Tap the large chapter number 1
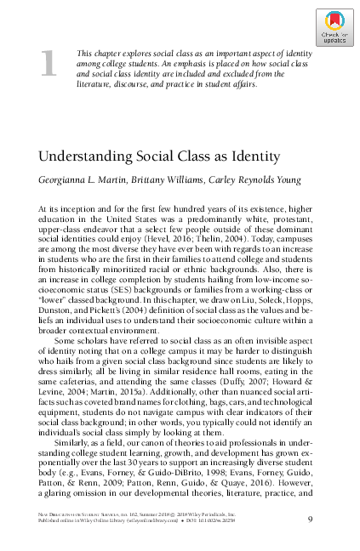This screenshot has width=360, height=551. (50, 64)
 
